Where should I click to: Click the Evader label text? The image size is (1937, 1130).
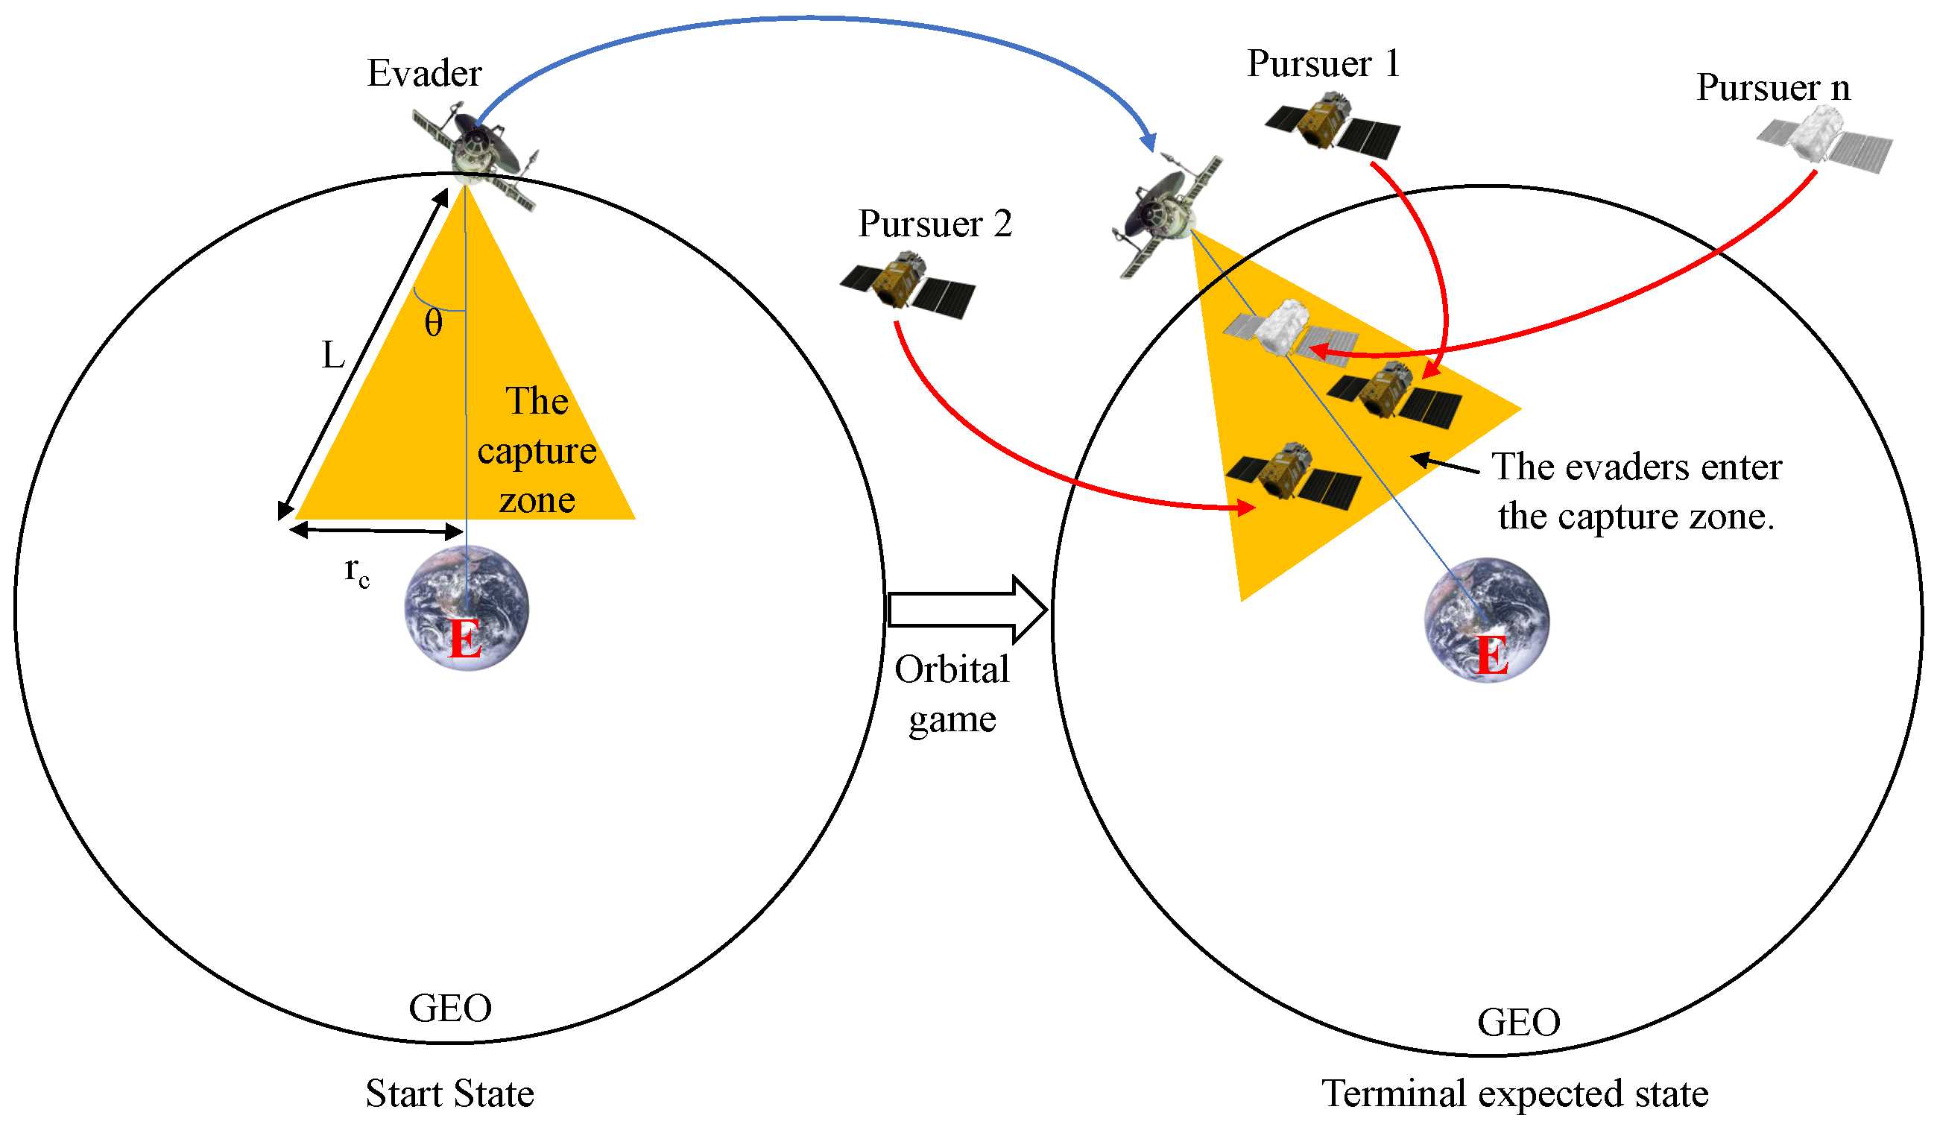coord(424,74)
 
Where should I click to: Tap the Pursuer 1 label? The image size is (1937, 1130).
coord(1323,64)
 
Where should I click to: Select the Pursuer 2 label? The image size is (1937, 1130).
coord(935,224)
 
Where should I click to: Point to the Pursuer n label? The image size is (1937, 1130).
coord(1772,88)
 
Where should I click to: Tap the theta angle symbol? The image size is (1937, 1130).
coord(434,323)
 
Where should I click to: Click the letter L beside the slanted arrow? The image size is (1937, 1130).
coord(333,356)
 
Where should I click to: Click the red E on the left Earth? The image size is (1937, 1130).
coord(465,638)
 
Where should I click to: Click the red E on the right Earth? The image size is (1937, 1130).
coord(1492,656)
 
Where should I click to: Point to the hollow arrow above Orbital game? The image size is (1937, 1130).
coord(967,610)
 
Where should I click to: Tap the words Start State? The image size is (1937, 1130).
coord(449,1093)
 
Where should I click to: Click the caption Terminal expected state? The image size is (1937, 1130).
coord(1514,1093)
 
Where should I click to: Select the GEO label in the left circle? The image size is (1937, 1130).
coord(449,1008)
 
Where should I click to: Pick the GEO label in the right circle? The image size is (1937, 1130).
coord(1518,1023)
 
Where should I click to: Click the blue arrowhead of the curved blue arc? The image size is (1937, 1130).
coord(1148,142)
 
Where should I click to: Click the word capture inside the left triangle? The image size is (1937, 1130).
coord(537,451)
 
